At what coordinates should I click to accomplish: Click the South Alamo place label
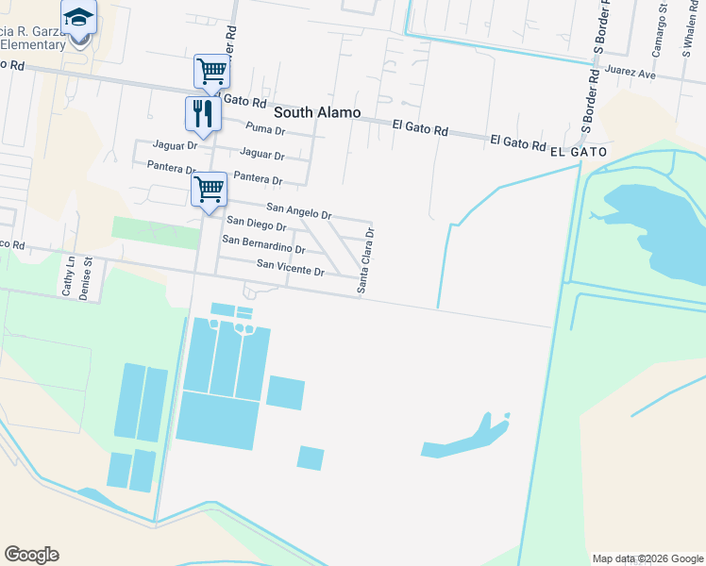tap(317, 112)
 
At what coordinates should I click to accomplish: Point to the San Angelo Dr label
tap(299, 210)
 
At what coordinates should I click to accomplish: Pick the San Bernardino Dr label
tap(263, 245)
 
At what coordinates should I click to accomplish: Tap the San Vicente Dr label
tap(291, 268)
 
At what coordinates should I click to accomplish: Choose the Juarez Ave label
tap(631, 72)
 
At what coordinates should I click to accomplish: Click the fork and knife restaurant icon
tap(203, 113)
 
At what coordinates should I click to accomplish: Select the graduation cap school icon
tap(79, 17)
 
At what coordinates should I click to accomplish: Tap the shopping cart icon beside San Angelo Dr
tap(209, 188)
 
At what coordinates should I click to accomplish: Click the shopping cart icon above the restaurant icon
tap(212, 71)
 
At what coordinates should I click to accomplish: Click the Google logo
tap(31, 555)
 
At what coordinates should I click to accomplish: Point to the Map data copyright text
tap(647, 558)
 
